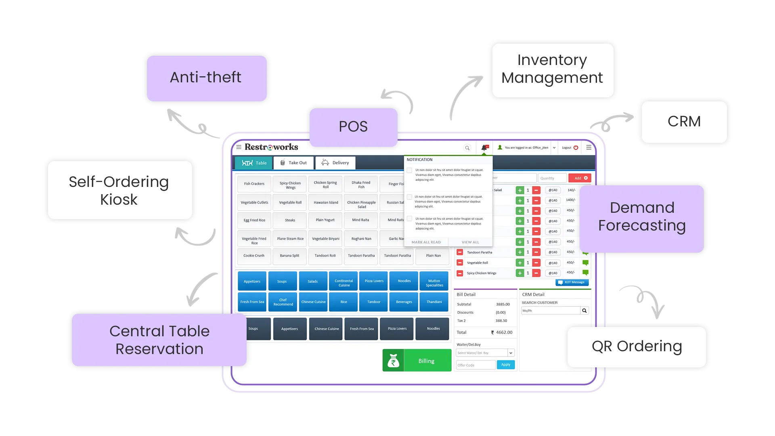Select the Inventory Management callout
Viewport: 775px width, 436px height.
[552, 69]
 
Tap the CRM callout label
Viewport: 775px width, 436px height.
[684, 122]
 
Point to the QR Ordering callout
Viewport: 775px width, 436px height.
[637, 346]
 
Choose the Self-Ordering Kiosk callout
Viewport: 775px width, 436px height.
[119, 191]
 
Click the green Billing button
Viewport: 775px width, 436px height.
[417, 361]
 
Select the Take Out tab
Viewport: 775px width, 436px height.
[293, 163]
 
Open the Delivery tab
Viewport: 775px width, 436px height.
[335, 163]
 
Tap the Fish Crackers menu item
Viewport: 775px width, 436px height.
[254, 184]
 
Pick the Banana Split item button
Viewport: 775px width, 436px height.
[289, 256]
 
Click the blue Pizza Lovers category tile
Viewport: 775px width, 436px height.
[374, 281]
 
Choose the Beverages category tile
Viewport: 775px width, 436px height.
[404, 302]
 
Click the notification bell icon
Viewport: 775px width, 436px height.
[484, 148]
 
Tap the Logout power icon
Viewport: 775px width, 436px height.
[576, 148]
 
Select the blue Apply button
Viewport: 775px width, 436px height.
[506, 365]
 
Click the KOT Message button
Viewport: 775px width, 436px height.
[572, 282]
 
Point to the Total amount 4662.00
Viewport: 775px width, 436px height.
[504, 333]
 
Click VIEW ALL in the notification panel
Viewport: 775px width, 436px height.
[470, 242]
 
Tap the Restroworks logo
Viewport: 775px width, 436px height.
[271, 147]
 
